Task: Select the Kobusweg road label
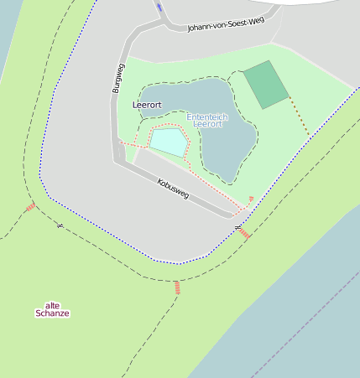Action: click(173, 189)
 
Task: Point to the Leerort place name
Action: click(147, 105)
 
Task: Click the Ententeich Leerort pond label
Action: click(206, 120)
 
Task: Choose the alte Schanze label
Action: click(52, 309)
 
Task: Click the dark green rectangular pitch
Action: click(266, 85)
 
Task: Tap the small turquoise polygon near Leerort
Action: click(169, 141)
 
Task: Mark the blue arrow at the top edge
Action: click(159, 7)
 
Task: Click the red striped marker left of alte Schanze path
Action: click(30, 206)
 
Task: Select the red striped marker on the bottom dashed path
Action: click(177, 287)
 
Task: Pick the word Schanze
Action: click(52, 313)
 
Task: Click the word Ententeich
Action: click(206, 117)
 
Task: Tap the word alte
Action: click(52, 304)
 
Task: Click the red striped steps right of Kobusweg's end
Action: click(245, 234)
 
